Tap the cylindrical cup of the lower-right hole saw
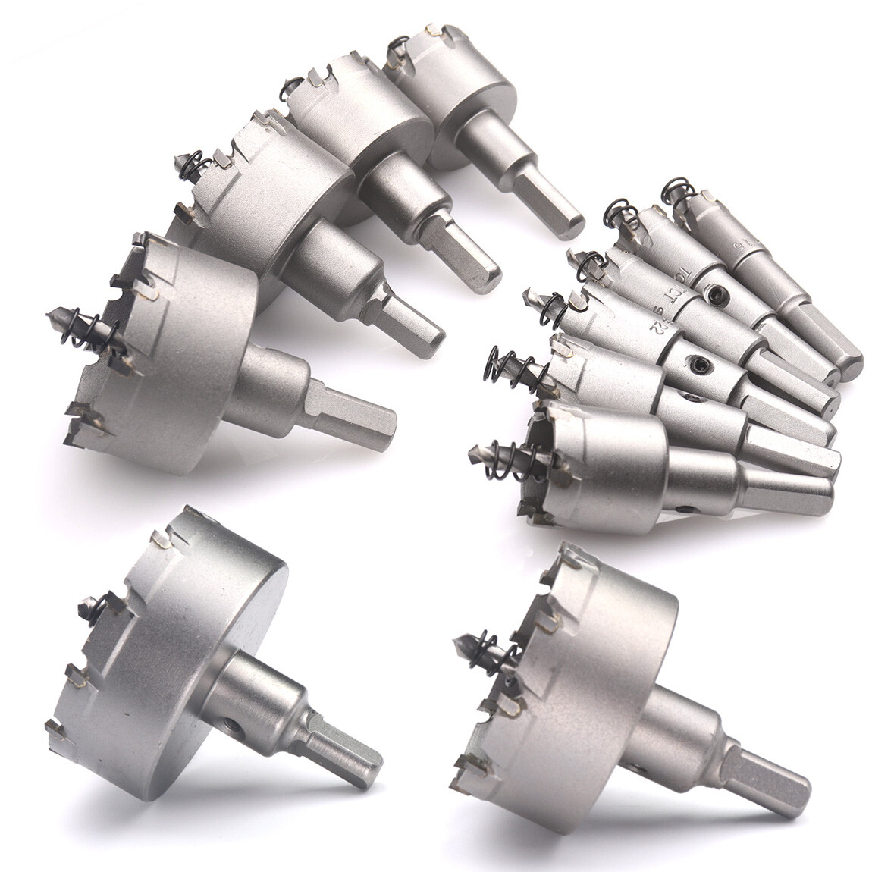(599, 682)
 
